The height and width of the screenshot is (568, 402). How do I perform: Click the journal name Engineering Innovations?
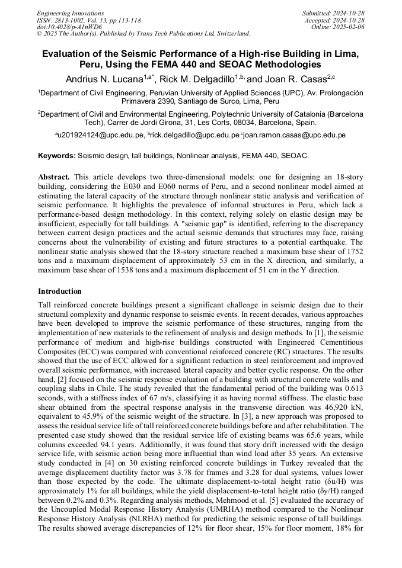point(70,13)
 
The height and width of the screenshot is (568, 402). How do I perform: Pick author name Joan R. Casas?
point(294,79)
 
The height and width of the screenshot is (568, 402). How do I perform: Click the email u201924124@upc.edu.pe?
point(101,136)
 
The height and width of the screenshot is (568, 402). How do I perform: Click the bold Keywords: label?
point(57,156)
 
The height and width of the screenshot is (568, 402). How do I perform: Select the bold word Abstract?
point(53,177)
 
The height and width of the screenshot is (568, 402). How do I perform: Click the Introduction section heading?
point(60,291)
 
